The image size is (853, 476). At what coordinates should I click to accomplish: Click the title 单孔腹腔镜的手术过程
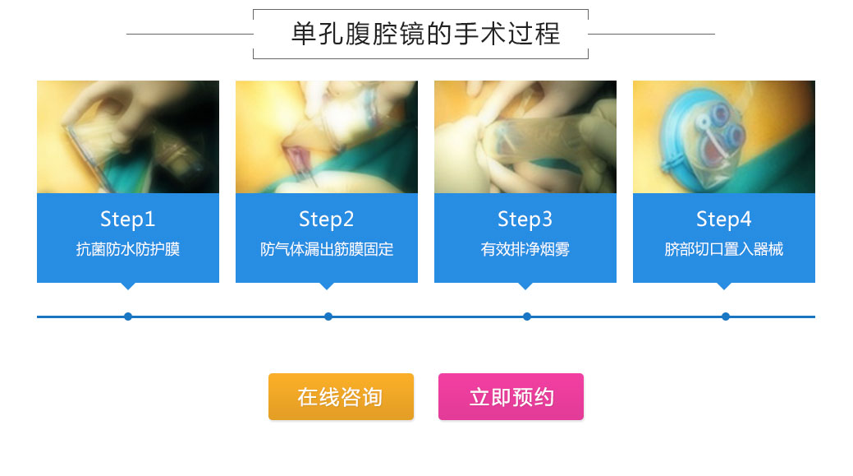click(x=425, y=34)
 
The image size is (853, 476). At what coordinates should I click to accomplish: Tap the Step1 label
click(x=128, y=219)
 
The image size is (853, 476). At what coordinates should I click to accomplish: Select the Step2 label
click(x=327, y=219)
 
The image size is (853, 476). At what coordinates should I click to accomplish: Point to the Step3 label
click(x=525, y=219)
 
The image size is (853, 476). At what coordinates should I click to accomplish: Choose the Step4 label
click(x=723, y=219)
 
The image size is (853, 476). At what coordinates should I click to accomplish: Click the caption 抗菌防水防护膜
click(x=128, y=249)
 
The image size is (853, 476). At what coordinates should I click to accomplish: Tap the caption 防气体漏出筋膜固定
click(x=327, y=249)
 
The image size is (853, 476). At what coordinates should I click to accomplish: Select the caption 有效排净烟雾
click(x=525, y=249)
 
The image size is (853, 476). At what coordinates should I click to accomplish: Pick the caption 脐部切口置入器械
click(x=723, y=249)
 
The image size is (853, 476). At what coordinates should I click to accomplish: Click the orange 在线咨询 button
click(x=341, y=396)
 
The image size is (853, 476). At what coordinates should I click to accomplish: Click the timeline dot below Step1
click(x=128, y=317)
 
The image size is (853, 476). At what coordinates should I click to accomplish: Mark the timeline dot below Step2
click(x=328, y=317)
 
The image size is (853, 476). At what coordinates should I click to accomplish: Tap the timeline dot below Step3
click(x=526, y=317)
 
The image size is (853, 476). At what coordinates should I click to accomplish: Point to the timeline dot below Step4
click(x=725, y=317)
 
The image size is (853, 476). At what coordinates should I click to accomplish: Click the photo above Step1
click(x=128, y=136)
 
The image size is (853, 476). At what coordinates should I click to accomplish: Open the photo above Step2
click(x=327, y=136)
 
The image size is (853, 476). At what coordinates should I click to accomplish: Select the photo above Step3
click(x=525, y=136)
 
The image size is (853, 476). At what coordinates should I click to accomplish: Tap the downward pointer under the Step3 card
click(x=525, y=286)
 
